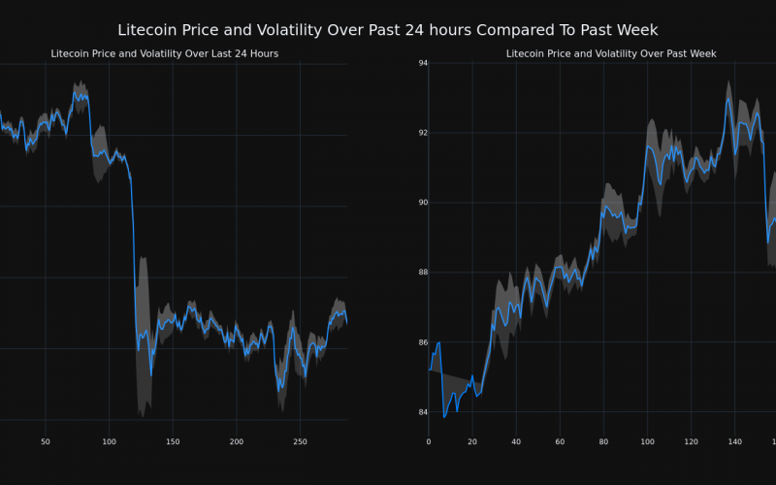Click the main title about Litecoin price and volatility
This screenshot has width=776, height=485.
(x=388, y=31)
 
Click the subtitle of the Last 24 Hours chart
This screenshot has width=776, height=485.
(x=165, y=53)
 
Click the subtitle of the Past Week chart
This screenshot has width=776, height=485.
(x=611, y=53)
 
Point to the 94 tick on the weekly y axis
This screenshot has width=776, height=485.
(x=423, y=63)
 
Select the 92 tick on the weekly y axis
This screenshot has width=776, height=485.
(x=423, y=133)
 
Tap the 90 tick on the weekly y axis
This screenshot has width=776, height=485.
(x=423, y=203)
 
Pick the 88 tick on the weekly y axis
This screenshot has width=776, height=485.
(x=423, y=273)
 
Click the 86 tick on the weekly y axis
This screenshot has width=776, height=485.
(x=423, y=342)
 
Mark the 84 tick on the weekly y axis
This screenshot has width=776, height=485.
(x=423, y=412)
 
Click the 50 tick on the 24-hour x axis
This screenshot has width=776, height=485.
(x=46, y=442)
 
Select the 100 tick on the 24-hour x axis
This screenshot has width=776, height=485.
(x=109, y=442)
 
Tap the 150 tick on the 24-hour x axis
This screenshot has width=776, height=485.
(x=173, y=442)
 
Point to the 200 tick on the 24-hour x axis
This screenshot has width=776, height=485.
(x=237, y=442)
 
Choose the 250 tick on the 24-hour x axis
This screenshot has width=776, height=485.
(x=300, y=442)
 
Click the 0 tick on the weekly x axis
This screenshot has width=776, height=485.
(x=429, y=442)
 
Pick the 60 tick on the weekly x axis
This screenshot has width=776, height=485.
(x=560, y=442)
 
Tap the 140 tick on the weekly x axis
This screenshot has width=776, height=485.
(x=735, y=442)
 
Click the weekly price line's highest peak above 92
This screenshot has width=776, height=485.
(x=728, y=97)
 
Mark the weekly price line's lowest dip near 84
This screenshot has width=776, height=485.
(x=444, y=416)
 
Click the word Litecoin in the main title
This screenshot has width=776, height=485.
(x=148, y=31)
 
